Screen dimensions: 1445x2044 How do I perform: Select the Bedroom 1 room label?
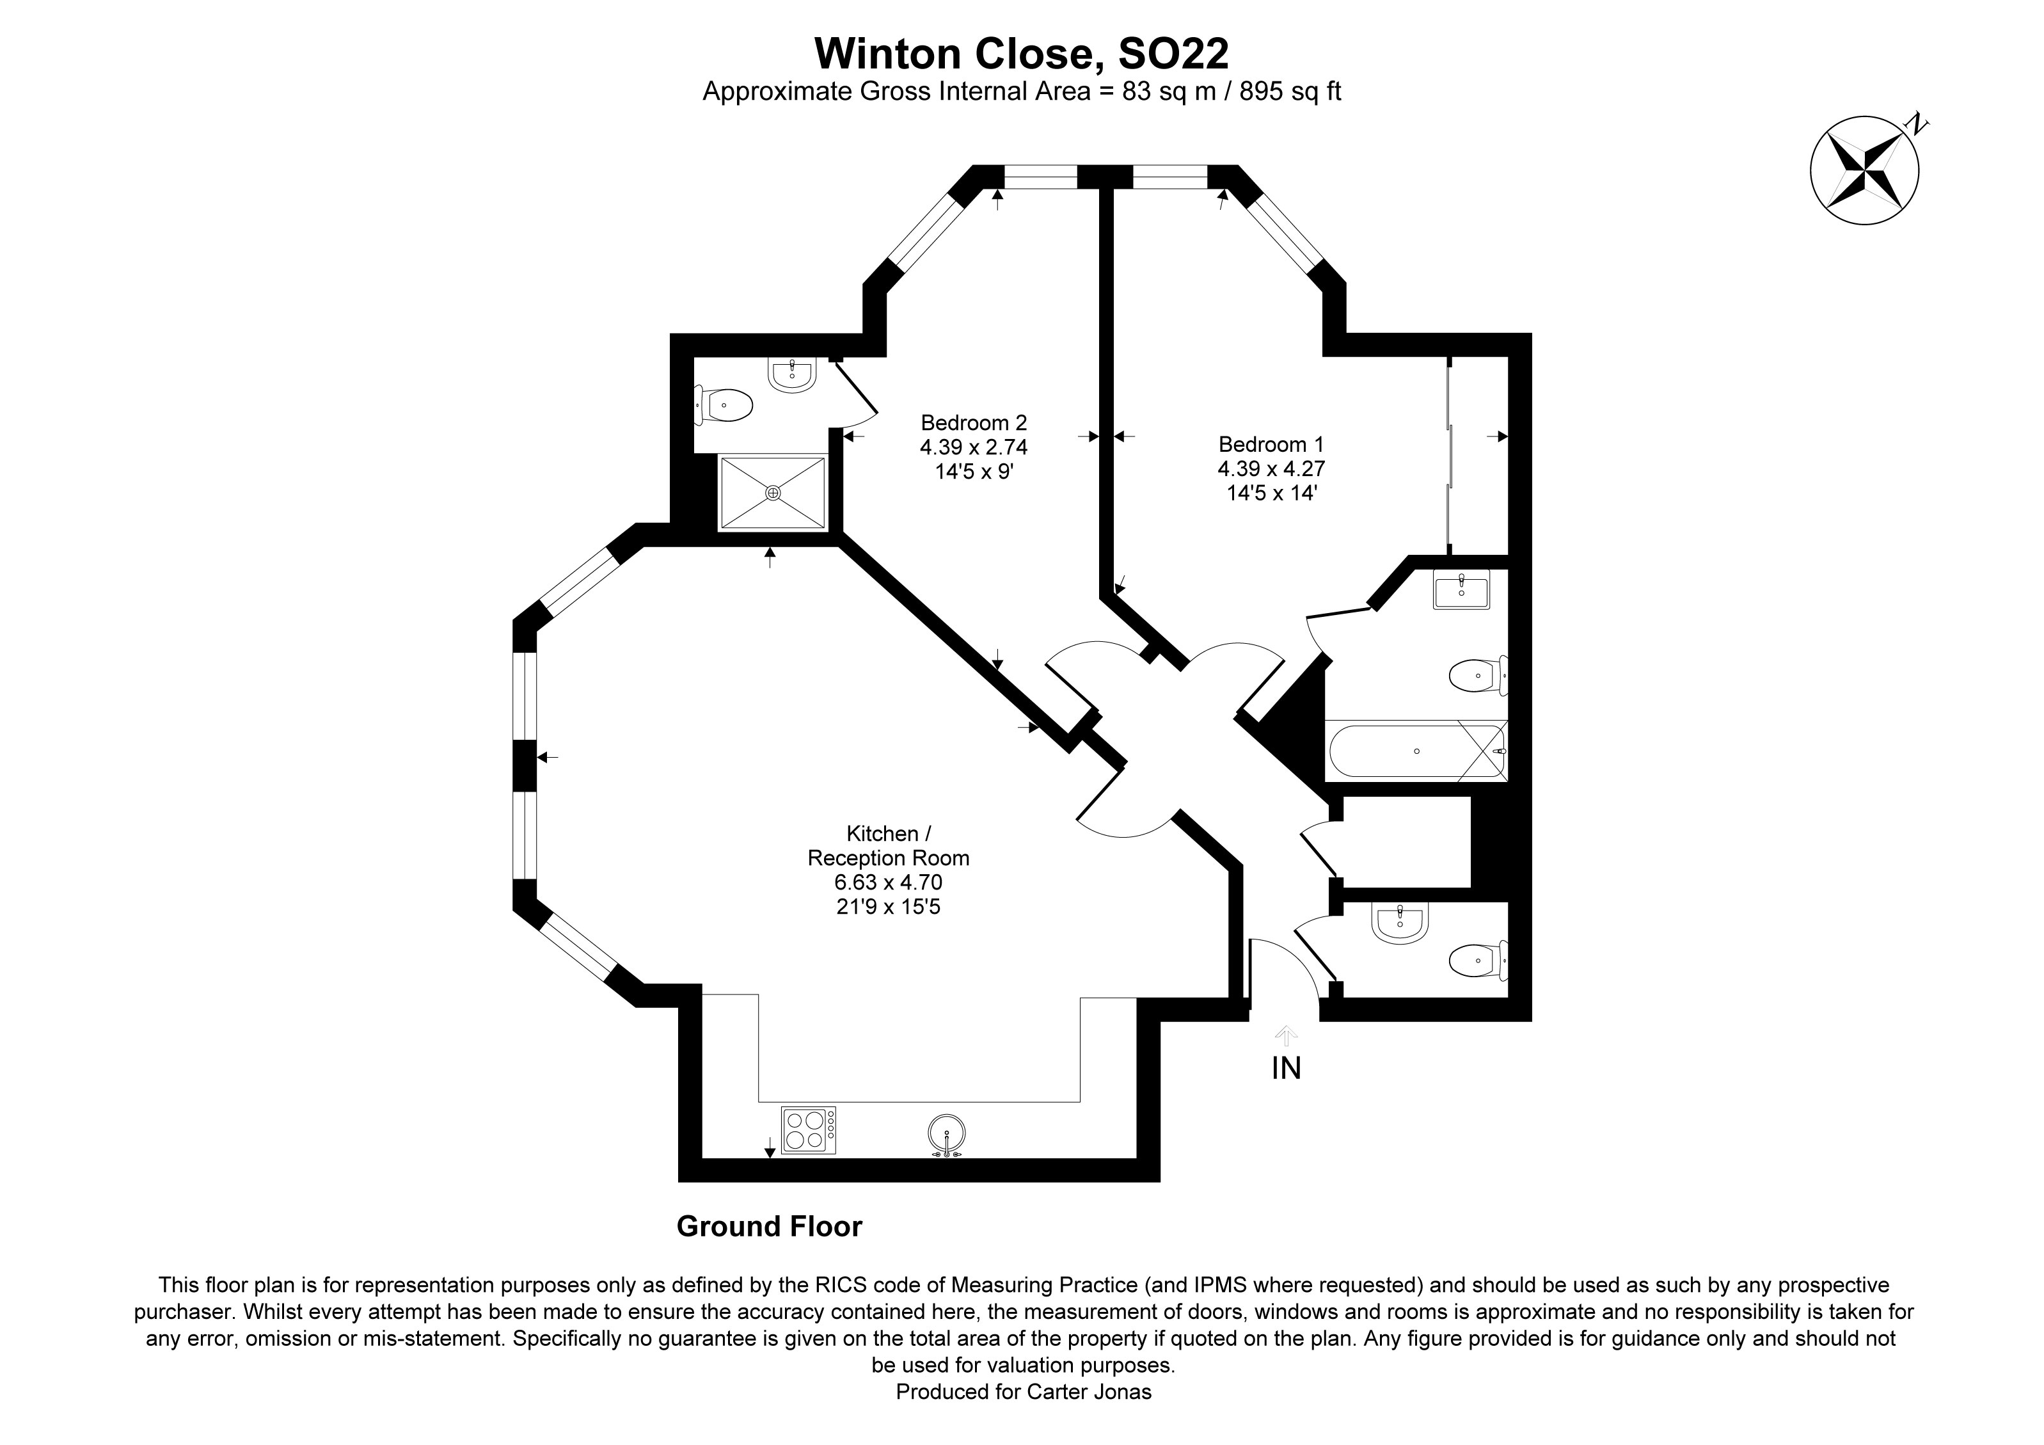[1271, 443]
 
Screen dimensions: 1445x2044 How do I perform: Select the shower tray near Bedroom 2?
[773, 492]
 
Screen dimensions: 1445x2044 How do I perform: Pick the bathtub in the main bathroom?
[1416, 751]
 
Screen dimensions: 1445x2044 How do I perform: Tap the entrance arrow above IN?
[1285, 1035]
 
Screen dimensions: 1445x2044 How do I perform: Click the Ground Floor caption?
[769, 1227]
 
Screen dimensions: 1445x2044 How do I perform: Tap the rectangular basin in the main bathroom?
[1461, 589]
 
